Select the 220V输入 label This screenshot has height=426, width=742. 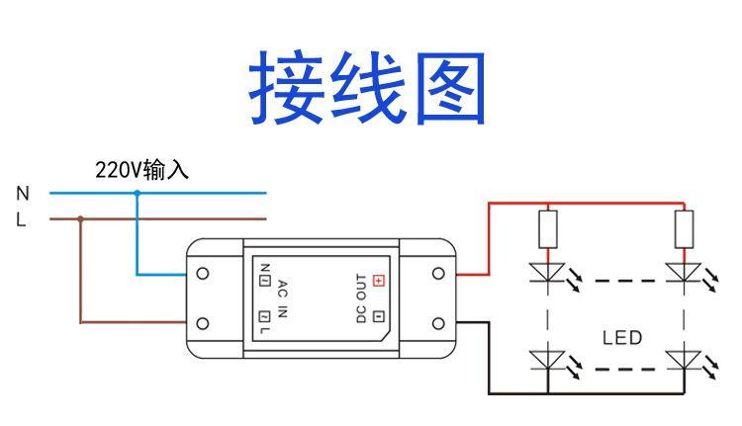click(141, 170)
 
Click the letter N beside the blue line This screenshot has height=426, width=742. click(23, 194)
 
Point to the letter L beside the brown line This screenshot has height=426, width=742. click(22, 220)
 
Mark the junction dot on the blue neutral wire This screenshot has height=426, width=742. click(137, 194)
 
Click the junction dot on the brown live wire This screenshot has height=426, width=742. click(80, 219)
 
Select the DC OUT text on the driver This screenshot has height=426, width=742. click(361, 298)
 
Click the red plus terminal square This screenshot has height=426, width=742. click(378, 280)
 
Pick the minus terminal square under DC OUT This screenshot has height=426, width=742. click(378, 316)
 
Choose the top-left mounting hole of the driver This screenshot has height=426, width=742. click(203, 272)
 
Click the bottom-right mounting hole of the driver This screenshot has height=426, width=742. click(437, 323)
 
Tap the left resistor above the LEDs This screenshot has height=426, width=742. click(547, 228)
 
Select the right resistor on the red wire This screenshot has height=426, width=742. click(683, 228)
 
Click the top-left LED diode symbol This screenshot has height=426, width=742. click(547, 271)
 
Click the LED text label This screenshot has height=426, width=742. click(621, 337)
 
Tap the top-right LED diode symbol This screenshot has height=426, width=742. click(683, 271)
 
